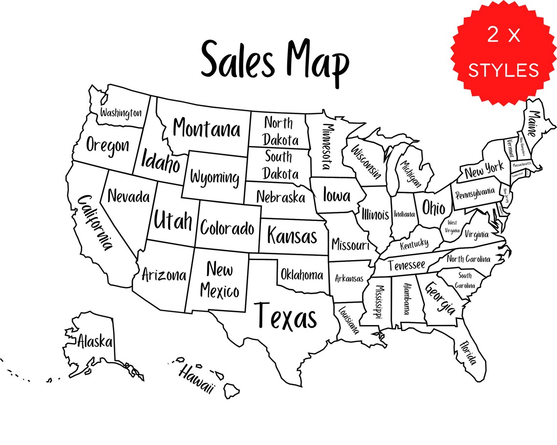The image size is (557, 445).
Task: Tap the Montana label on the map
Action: click(x=207, y=129)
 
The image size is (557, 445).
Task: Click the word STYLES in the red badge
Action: click(x=504, y=70)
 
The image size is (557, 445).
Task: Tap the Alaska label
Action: click(x=95, y=341)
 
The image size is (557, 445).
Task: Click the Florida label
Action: click(x=467, y=352)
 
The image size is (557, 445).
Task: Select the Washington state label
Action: click(x=121, y=113)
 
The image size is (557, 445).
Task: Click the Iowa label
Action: click(x=337, y=195)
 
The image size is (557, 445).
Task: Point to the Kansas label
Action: click(x=292, y=236)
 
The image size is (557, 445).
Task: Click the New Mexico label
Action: click(x=219, y=280)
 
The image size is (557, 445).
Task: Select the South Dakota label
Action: click(x=280, y=165)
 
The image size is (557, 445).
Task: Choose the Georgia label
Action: click(x=440, y=298)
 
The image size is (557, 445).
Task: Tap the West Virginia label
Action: click(x=452, y=226)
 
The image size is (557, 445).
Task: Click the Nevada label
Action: click(x=129, y=197)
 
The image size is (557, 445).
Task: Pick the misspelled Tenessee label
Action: click(x=407, y=265)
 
